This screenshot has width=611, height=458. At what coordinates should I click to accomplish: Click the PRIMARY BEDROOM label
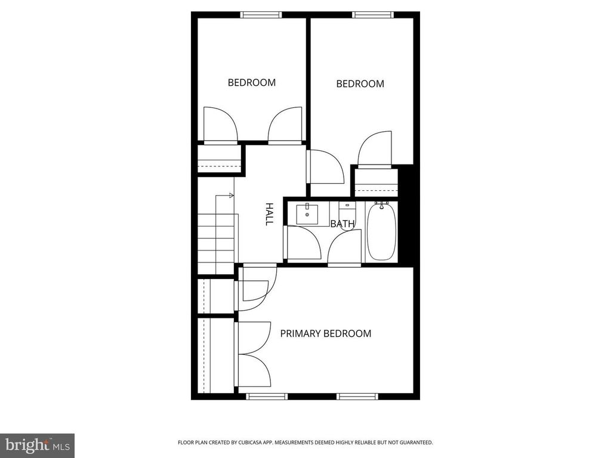pyautogui.click(x=326, y=333)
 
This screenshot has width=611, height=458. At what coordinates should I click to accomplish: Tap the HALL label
pyautogui.click(x=269, y=214)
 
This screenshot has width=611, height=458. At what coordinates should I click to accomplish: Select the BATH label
pyautogui.click(x=342, y=224)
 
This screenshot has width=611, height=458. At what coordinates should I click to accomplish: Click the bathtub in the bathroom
pyautogui.click(x=381, y=231)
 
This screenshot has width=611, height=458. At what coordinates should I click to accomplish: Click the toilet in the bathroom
pyautogui.click(x=347, y=212)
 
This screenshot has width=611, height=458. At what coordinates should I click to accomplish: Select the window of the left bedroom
pyautogui.click(x=261, y=15)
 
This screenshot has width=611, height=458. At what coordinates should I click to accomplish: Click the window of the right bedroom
pyautogui.click(x=373, y=15)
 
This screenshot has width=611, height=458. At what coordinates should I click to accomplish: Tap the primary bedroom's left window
pyautogui.click(x=267, y=397)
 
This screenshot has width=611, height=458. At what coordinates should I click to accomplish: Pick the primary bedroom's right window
pyautogui.click(x=357, y=397)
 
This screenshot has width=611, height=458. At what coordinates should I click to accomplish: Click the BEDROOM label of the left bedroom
pyautogui.click(x=252, y=82)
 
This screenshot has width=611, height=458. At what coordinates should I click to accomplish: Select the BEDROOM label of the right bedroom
pyautogui.click(x=360, y=83)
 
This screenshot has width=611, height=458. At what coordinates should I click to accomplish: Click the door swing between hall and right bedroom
pyautogui.click(x=325, y=167)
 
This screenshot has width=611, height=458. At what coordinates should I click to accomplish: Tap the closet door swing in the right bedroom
pyautogui.click(x=375, y=148)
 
